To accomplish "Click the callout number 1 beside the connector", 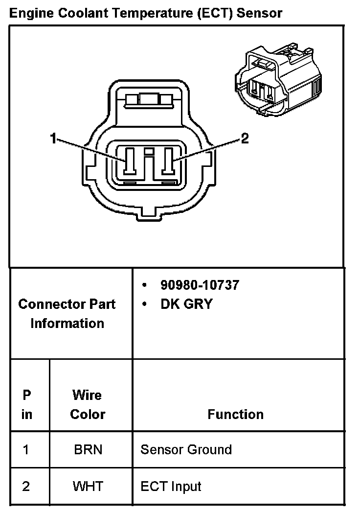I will (53, 139).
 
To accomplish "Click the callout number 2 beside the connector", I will (245, 139).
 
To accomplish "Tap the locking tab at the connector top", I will (150, 100).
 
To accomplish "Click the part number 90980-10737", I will (200, 285).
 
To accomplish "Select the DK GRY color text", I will (186, 304).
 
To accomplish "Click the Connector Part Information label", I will (67, 313).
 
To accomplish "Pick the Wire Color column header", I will (88, 404).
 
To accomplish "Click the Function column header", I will (235, 414).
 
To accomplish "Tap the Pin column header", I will (27, 404).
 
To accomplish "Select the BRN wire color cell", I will (88, 449).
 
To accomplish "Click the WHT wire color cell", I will (88, 487).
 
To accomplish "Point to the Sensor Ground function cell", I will (186, 449).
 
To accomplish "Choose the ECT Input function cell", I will (171, 487).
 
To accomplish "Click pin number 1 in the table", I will (26, 449).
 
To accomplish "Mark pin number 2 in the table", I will (26, 487).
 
